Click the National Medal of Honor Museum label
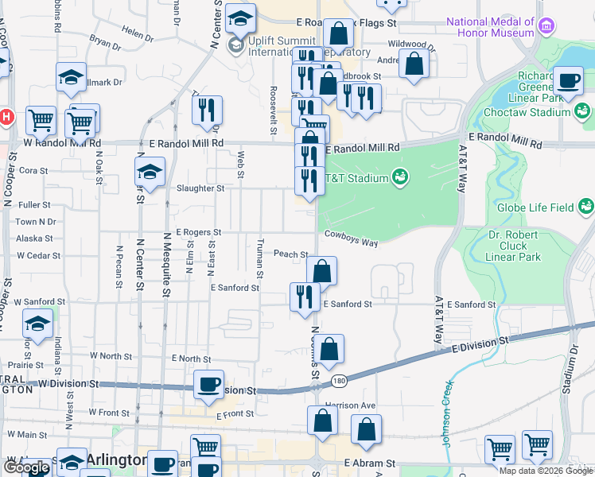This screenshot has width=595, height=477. [x=490, y=27]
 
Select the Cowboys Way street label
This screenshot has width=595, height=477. [x=351, y=237]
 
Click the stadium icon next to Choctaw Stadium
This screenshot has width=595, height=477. [x=584, y=112]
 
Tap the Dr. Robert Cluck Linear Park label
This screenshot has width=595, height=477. [x=513, y=246]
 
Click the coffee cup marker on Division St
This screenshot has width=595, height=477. [x=209, y=385]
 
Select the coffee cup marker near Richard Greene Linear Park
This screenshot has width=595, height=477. [x=568, y=80]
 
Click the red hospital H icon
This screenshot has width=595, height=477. [x=5, y=116]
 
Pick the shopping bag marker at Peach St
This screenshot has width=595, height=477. [x=321, y=271]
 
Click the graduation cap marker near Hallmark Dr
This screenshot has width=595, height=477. [x=72, y=78]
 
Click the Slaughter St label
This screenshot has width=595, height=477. [x=199, y=188]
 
